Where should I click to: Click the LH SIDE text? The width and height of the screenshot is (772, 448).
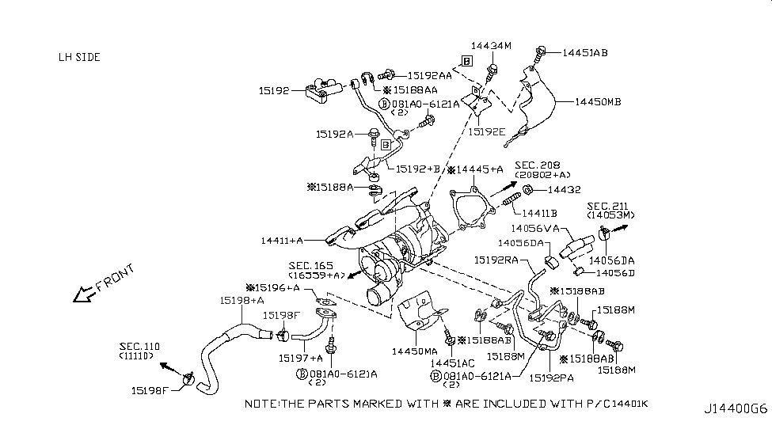[79, 58]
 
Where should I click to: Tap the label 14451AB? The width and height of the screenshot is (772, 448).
[585, 54]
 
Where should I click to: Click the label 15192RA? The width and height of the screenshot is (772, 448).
[497, 259]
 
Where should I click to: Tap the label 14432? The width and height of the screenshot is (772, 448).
[563, 191]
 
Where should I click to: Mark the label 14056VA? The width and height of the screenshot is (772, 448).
[541, 228]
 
